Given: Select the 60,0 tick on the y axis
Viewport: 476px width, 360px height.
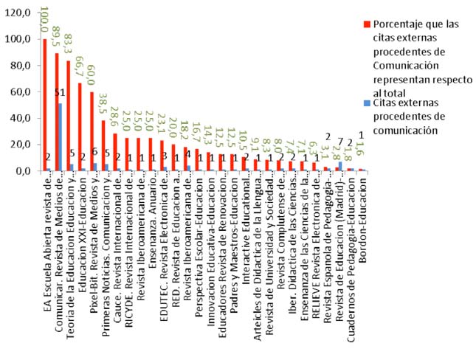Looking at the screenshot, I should click(x=18, y=92).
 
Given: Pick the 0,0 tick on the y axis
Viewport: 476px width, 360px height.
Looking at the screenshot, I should click(x=21, y=171).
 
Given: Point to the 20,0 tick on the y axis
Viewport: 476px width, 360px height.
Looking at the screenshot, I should click(x=18, y=145).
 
